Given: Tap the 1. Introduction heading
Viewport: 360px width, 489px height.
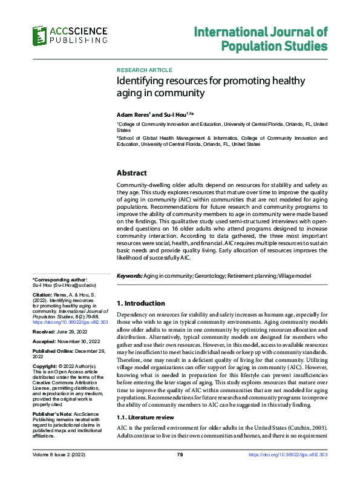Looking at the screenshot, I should [x=140, y=303].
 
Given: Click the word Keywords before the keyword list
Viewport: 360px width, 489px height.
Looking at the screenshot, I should [x=129, y=276].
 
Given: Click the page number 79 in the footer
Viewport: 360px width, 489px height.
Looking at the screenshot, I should [x=180, y=471].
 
